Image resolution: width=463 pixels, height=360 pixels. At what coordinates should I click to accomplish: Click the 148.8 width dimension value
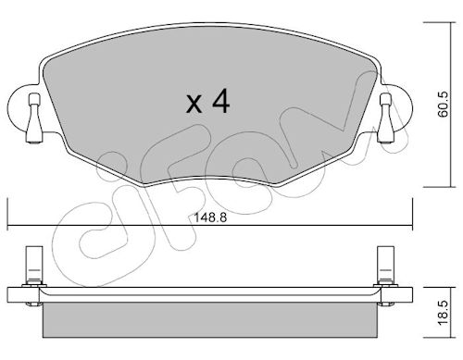click(210, 217)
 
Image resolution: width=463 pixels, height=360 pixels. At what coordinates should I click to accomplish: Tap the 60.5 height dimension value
click(444, 105)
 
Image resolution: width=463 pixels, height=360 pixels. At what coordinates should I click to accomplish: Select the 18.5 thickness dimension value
click(443, 313)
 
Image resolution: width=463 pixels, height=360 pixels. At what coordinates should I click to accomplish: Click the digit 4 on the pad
click(221, 101)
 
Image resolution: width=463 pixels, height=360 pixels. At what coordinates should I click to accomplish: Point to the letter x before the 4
click(194, 104)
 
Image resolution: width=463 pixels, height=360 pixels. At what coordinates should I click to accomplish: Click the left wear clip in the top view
click(34, 118)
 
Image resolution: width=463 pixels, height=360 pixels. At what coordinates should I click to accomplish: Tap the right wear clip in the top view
click(386, 118)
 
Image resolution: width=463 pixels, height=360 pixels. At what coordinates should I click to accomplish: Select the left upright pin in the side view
click(34, 266)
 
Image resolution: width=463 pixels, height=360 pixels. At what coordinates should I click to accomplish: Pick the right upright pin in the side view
click(386, 266)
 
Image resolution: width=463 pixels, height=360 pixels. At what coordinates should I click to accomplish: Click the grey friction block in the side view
click(210, 320)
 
